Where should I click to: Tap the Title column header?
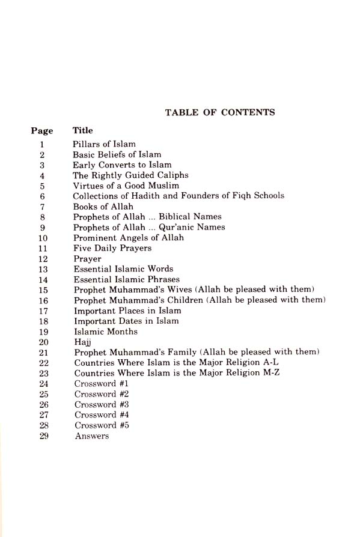click(83, 130)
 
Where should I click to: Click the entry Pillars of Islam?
click(104, 144)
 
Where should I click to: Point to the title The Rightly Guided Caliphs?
click(130, 175)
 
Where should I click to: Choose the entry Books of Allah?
click(103, 207)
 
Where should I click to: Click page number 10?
click(42, 238)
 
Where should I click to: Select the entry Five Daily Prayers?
click(112, 248)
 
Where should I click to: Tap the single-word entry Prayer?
click(87, 259)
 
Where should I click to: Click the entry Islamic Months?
click(106, 332)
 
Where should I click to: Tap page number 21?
click(42, 352)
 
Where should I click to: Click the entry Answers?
click(92, 436)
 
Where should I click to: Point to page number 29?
click(42, 436)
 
